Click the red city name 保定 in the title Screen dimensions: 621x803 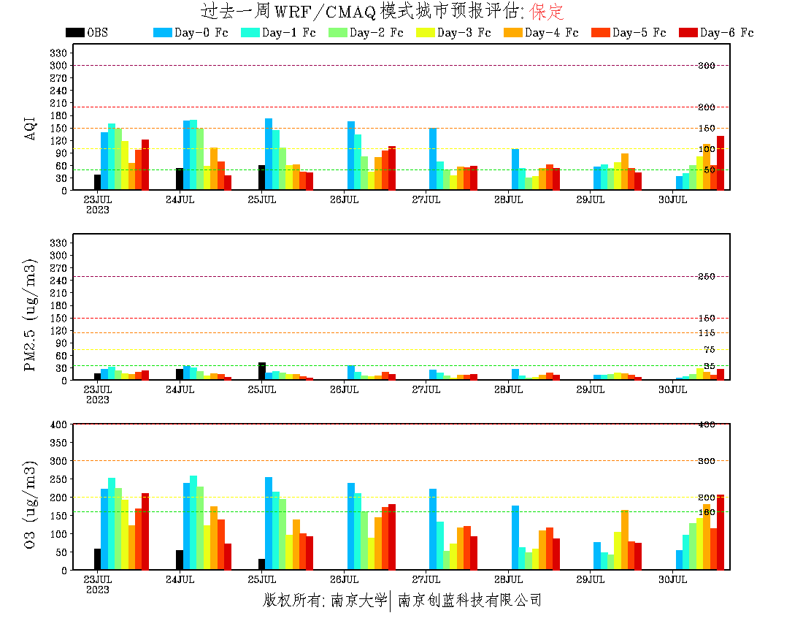click(x=546, y=12)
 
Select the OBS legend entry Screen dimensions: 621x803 click(x=87, y=33)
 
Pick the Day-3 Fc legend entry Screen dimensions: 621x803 click(x=454, y=33)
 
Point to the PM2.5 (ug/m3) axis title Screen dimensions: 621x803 click(x=31, y=314)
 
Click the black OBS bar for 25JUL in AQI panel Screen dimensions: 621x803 click(x=261, y=178)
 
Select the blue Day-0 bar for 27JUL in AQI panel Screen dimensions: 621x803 click(x=433, y=159)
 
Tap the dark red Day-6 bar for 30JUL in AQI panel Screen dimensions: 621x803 click(x=721, y=163)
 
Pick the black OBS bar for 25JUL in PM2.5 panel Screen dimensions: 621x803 click(x=261, y=371)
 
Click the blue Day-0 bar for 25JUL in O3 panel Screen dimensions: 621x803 click(x=269, y=523)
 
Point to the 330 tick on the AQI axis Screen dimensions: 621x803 click(x=59, y=53)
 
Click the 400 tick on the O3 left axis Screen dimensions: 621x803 click(x=59, y=424)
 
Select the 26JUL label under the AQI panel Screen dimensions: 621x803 click(x=344, y=199)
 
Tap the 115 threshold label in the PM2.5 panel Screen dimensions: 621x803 click(x=706, y=333)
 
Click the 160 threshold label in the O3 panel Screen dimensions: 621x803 click(x=706, y=512)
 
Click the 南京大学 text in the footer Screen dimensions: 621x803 click(x=358, y=601)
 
